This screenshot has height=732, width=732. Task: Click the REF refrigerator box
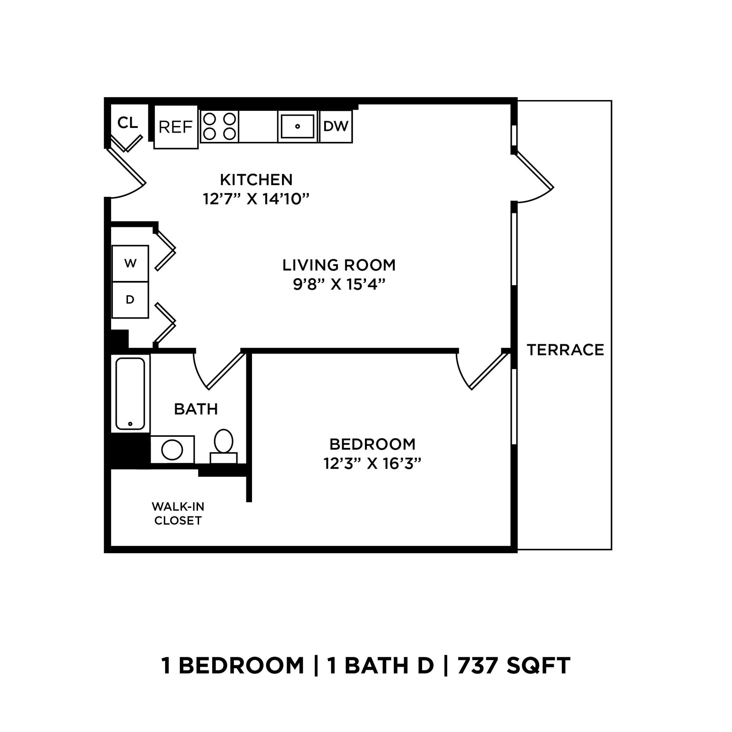176,127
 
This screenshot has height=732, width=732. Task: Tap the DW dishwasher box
336,127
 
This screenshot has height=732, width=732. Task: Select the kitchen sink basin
297,127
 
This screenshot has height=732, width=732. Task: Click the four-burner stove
219,127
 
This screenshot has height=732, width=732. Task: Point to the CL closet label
128,123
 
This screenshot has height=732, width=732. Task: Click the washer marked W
130,264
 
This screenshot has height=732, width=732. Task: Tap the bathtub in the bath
130,394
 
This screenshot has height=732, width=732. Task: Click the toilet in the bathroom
223,445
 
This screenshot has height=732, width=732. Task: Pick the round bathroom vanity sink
172,450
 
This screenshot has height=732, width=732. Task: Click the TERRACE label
565,350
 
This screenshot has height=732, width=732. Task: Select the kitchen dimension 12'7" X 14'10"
256,199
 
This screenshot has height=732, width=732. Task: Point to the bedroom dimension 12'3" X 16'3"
372,464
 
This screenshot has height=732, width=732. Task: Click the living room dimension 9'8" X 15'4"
339,285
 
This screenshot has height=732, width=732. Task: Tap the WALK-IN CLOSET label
178,514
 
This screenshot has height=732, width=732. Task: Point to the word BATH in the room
196,409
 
